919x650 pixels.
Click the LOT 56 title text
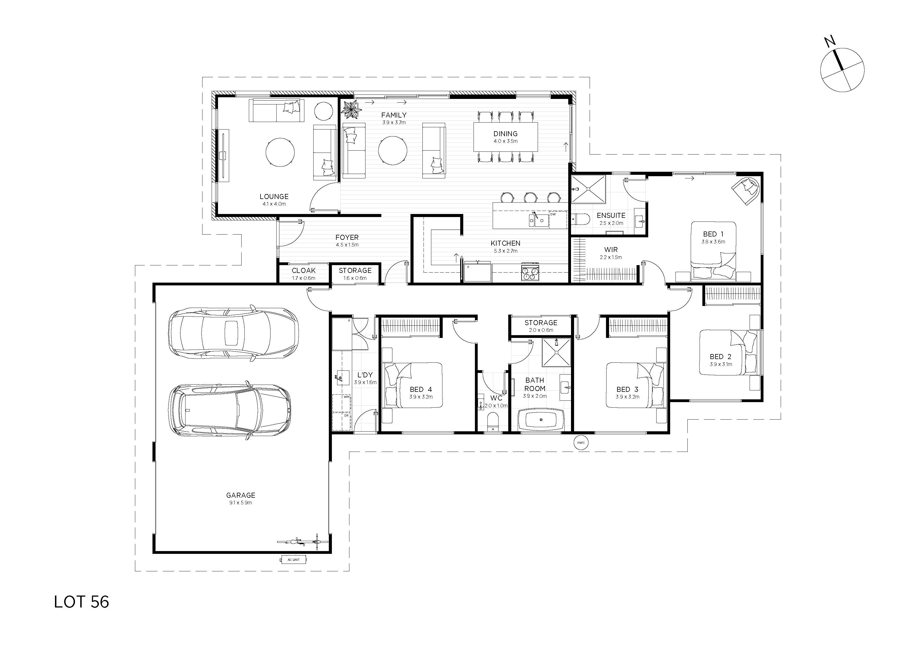tap(81, 602)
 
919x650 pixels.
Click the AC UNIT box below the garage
tap(293, 559)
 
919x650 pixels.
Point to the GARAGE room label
tap(241, 495)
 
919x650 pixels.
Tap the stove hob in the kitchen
tap(530, 272)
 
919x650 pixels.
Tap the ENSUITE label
tap(611, 215)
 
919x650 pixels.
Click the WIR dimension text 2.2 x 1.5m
tap(611, 258)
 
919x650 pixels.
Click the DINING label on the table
tap(505, 134)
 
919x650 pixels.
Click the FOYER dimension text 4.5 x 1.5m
tap(347, 245)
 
